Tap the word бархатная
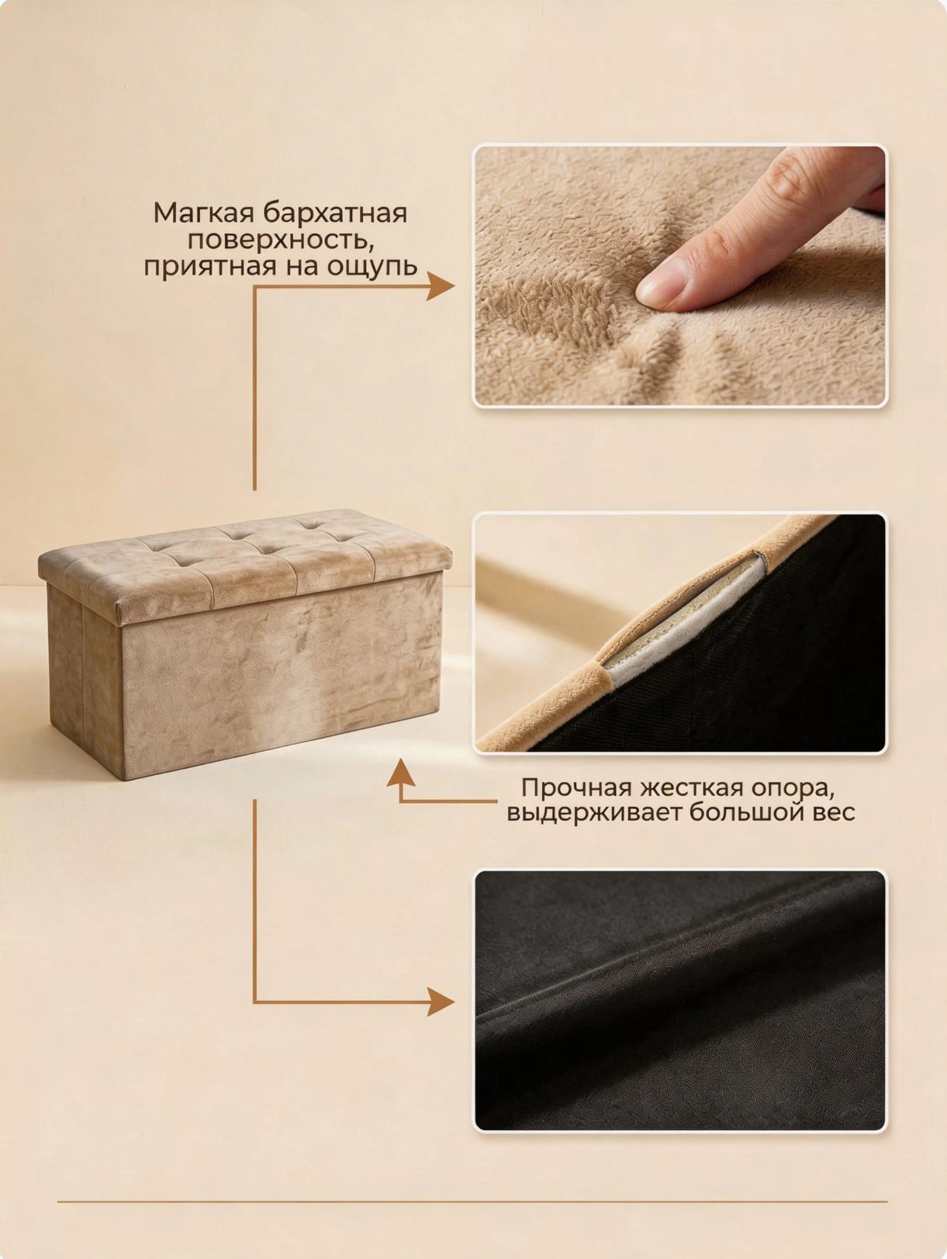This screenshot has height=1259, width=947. [x=335, y=213]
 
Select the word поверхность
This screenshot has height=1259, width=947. [x=280, y=241]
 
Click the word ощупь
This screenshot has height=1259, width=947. [x=372, y=268]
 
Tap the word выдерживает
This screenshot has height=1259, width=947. [x=593, y=814]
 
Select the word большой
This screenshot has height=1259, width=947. [x=747, y=813]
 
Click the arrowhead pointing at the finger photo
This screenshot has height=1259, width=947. [x=440, y=286]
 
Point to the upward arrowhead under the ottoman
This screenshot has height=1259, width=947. [x=401, y=773]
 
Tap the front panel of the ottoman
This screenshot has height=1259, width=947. [x=282, y=677]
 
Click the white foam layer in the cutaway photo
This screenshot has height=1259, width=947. [x=685, y=622]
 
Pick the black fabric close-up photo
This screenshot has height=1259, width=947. [x=680, y=1001]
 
